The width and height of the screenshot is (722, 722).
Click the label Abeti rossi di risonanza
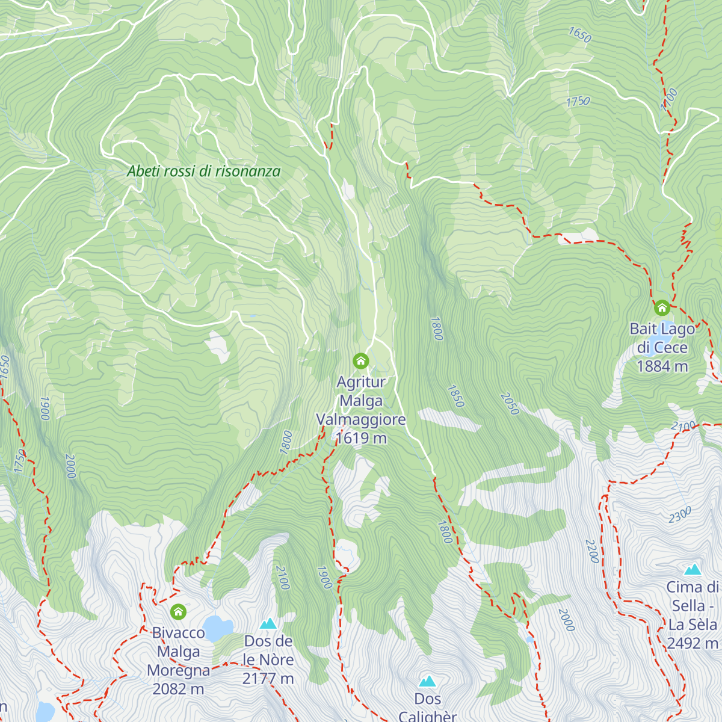pyautogui.click(x=204, y=171)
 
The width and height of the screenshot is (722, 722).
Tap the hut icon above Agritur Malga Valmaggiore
pyautogui.click(x=360, y=361)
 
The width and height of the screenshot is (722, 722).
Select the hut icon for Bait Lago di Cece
pyautogui.click(x=662, y=308)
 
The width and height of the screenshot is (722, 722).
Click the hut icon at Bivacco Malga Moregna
pyautogui.click(x=178, y=612)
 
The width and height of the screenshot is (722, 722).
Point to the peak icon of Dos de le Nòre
pyautogui.click(x=268, y=623)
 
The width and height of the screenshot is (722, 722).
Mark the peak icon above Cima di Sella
pyautogui.click(x=693, y=569)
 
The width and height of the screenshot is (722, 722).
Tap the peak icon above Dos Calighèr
pyautogui.click(x=427, y=681)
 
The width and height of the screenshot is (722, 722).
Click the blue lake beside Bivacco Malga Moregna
pyautogui.click(x=217, y=628)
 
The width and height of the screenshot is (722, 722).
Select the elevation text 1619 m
pyautogui.click(x=361, y=439)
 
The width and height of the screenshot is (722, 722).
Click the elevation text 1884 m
pyautogui.click(x=662, y=366)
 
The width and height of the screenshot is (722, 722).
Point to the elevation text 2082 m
pyautogui.click(x=178, y=689)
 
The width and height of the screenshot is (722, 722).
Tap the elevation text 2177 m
pyautogui.click(x=268, y=679)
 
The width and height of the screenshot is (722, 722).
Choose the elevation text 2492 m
pyautogui.click(x=693, y=643)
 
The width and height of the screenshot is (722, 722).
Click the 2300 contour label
pyautogui.click(x=680, y=515)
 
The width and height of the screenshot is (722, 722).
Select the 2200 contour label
pyautogui.click(x=592, y=551)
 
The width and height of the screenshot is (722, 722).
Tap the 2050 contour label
pyautogui.click(x=509, y=404)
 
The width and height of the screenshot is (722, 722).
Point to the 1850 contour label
pyautogui.click(x=455, y=396)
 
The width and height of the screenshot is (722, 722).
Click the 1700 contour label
pyautogui.click(x=669, y=99)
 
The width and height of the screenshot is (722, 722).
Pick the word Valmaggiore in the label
pyautogui.click(x=361, y=419)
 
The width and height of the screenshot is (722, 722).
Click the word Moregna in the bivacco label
pyautogui.click(x=178, y=670)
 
